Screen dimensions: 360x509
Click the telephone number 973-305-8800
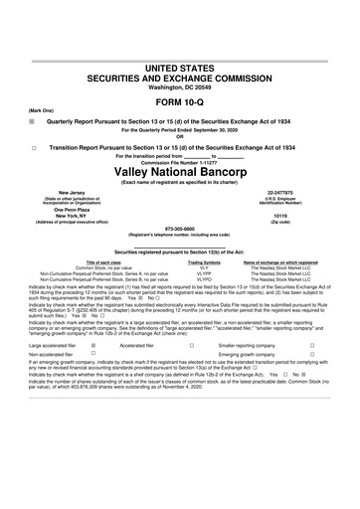tap(179, 225)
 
